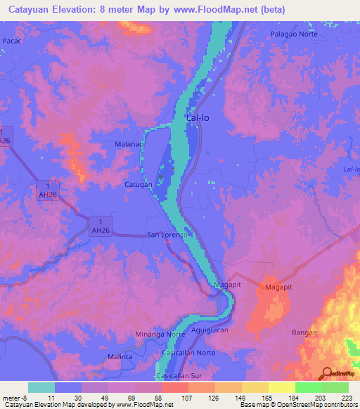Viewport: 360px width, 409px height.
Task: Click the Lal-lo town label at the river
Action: point(198,118)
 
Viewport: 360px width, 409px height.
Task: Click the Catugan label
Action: point(139,185)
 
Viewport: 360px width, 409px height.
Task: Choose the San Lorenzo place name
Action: point(167,235)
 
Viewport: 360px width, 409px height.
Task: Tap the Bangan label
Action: point(304,332)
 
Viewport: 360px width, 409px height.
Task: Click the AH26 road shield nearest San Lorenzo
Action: point(101,226)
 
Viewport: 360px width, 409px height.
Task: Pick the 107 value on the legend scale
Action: point(186,398)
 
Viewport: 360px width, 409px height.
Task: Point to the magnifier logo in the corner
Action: point(327,375)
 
